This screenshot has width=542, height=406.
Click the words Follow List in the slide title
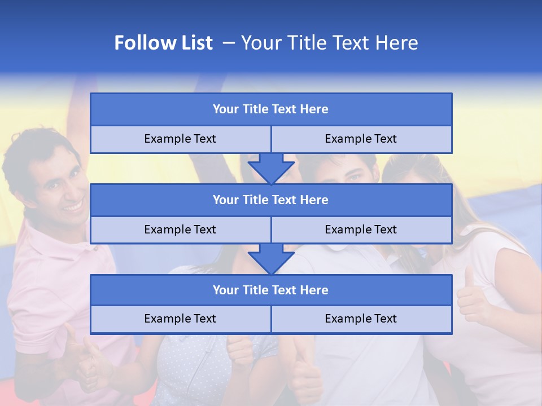(x=163, y=43)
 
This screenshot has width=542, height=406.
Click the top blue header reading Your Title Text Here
(x=271, y=109)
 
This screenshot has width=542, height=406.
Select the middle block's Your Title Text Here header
(x=271, y=200)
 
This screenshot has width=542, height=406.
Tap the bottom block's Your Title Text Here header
(x=271, y=290)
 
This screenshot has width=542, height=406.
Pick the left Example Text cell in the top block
(x=180, y=139)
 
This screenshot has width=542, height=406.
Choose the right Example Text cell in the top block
(x=361, y=139)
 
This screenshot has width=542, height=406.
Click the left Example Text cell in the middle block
(x=180, y=230)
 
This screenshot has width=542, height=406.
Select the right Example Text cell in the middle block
(x=361, y=230)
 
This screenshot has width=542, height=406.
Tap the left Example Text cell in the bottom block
(x=180, y=319)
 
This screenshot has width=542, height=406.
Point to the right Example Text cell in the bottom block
(x=361, y=319)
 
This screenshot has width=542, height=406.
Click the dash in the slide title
(x=229, y=43)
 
